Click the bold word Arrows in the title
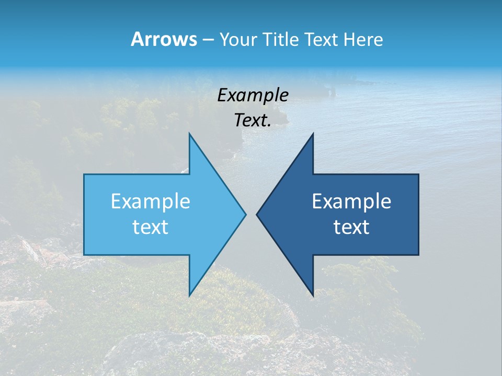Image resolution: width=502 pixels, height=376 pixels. point(163,39)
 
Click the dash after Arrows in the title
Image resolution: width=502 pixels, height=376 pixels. point(207,40)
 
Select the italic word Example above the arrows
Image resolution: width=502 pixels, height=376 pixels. point(253,95)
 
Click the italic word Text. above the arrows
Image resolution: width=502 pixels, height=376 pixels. point(253,120)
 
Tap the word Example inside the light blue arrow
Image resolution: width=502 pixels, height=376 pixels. point(151,201)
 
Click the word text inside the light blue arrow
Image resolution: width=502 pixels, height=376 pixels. point(151,227)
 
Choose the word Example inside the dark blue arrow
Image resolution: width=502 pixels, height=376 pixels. point(351,201)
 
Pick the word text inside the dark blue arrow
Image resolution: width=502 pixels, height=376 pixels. point(351,227)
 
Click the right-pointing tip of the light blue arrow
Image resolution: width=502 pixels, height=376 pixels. point(245,214)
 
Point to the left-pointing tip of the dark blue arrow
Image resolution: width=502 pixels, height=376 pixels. point(257,214)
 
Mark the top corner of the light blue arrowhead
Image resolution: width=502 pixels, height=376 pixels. point(189,134)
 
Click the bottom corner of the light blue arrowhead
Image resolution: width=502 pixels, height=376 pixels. point(189,295)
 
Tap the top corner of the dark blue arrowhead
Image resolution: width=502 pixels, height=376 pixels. point(313,134)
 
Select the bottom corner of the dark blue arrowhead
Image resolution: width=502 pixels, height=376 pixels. point(313,295)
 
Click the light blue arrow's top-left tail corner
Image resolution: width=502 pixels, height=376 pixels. point(84,174)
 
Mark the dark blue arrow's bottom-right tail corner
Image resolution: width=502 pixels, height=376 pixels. point(418,254)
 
